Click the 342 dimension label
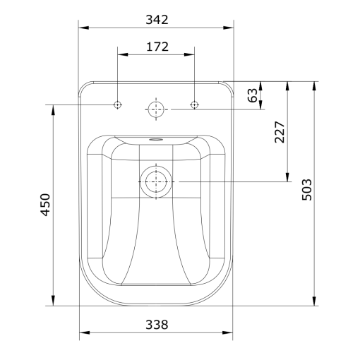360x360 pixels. pos(157,20)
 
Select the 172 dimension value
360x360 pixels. pos(157,47)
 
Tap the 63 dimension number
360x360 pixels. pos(253,95)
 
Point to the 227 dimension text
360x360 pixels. pos(280,132)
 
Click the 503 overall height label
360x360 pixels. pos(307,190)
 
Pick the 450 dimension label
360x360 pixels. pos(45,205)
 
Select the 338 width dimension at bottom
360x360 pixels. pos(157,325)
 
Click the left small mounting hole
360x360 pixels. pos(117,104)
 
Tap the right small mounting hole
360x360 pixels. pos(194,104)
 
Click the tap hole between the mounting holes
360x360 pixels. pos(156,109)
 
